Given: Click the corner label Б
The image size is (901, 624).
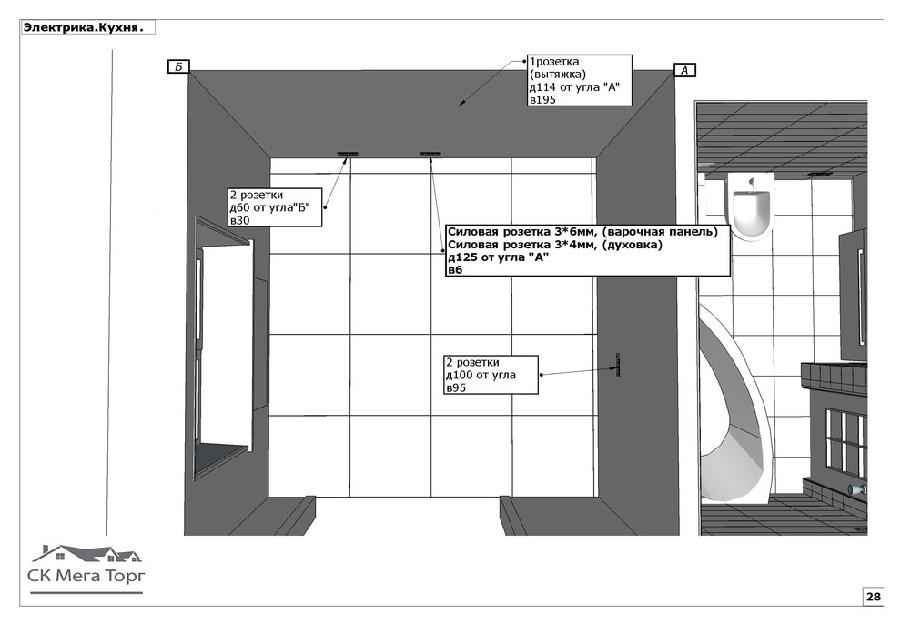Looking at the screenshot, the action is pos(178,66).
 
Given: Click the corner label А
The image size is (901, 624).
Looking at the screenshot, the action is pos(684,70).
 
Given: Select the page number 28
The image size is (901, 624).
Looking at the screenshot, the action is pos(874,597).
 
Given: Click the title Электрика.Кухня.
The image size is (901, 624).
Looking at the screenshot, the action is pos(83,27).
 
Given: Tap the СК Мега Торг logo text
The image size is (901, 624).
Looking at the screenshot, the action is pos(86,575).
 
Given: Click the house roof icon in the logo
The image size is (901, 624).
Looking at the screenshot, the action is pos(86,553).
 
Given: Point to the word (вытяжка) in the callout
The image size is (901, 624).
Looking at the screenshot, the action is pos(557,75).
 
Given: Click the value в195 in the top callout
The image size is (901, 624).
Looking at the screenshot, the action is pos(542,99).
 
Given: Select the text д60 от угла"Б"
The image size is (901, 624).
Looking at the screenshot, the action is pos(269,207).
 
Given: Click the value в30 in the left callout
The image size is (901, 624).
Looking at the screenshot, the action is pos(239,220).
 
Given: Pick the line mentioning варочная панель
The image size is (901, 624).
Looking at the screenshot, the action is pos(582,232).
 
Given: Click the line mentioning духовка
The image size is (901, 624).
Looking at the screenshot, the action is pos(554,245).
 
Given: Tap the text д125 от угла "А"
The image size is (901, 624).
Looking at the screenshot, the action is pos(498,257).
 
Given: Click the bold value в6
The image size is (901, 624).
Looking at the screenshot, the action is pos(454,270).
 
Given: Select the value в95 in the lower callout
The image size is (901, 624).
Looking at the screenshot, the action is pos(456,388).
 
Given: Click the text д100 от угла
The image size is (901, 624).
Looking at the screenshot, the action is pos(481,376).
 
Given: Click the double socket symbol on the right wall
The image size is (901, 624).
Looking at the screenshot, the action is pos(618,366).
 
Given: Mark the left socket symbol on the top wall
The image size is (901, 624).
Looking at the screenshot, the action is pos(348,154).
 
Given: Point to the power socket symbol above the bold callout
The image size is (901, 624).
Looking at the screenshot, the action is pos(430,154).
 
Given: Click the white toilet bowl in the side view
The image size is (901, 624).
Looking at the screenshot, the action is pos(751,208).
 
